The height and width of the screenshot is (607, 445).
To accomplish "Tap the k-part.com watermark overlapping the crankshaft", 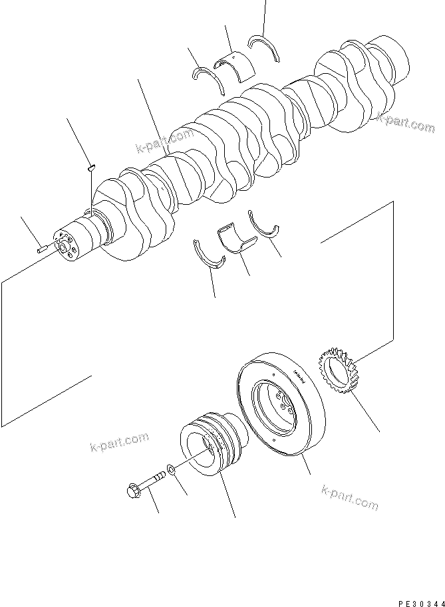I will [164, 141].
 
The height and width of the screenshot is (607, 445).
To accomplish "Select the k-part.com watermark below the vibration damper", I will [349, 498].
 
